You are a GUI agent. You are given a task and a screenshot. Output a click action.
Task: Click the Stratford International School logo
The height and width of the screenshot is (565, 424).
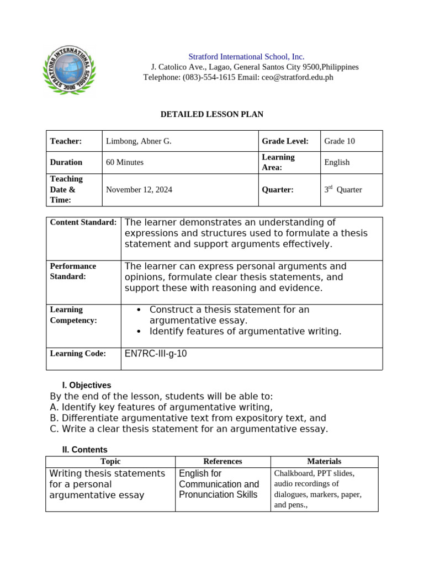tap(68, 70)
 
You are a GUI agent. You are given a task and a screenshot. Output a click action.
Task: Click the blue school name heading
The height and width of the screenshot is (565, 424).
tap(246, 56)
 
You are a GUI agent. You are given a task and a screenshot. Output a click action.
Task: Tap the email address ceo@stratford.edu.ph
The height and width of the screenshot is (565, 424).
tap(297, 77)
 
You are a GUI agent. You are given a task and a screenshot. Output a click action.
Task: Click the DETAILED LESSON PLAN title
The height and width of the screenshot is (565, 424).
tap(211, 114)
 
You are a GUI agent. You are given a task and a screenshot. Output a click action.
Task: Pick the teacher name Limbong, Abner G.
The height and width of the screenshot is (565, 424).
tap(139, 141)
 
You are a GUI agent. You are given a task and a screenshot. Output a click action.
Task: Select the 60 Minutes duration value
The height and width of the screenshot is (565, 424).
tap(125, 162)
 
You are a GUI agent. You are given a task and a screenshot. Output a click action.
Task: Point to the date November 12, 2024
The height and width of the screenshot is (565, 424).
tap(139, 189)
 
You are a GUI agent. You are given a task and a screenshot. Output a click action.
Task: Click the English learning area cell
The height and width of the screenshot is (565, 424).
tap(337, 162)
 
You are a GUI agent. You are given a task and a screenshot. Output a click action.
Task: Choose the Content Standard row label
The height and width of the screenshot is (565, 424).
tap(83, 222)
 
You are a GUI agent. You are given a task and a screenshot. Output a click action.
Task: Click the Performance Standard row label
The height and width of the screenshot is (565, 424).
tap(73, 271)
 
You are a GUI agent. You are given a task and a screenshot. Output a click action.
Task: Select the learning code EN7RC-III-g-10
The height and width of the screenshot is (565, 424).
tap(156, 354)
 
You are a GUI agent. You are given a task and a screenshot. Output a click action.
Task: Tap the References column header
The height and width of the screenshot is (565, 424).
tap(222, 461)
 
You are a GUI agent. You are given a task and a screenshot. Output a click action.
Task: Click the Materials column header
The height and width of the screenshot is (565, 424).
tap(324, 461)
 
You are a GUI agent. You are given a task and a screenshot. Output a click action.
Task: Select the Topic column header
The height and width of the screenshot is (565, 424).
tap(110, 461)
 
